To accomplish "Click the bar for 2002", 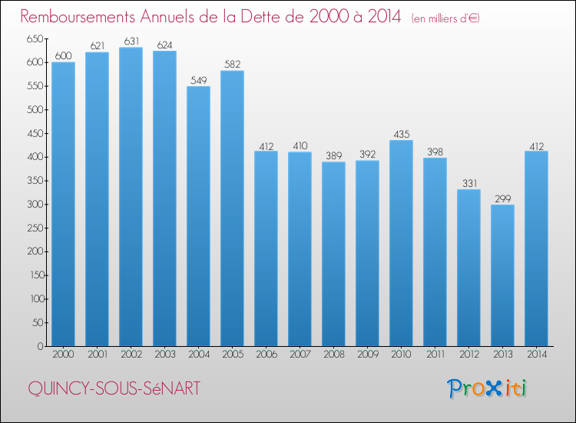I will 131,197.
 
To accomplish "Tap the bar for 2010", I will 401,243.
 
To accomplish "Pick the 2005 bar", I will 232,208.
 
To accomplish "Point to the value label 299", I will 502,198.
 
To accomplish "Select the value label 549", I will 198,80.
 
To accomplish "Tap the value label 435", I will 401,134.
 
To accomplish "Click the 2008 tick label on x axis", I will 333,355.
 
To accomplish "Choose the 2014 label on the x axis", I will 536,355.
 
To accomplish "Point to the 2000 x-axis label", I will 63,355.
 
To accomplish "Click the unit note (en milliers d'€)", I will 445,18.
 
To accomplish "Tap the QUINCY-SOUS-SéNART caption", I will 114,389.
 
